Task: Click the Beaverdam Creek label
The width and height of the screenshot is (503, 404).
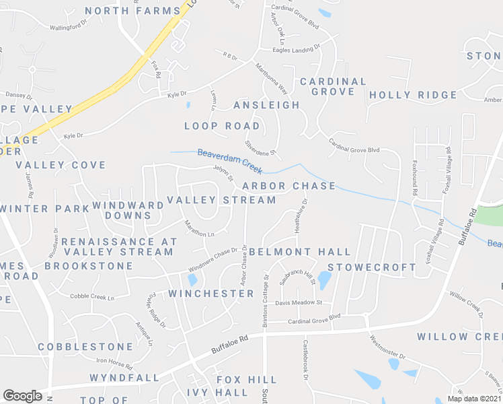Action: (230, 162)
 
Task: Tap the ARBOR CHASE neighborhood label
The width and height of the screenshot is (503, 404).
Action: (288, 186)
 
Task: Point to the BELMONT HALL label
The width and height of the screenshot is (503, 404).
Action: (300, 252)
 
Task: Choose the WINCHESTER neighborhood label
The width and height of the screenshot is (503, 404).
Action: (211, 294)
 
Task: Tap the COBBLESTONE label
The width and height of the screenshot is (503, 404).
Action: (85, 347)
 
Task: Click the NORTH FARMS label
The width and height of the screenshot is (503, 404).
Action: (134, 11)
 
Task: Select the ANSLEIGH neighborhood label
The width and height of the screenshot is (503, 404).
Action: (266, 105)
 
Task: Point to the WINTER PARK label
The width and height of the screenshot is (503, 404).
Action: (44, 209)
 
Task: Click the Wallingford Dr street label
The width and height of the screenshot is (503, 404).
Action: (69, 26)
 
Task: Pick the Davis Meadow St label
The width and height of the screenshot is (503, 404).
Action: (299, 302)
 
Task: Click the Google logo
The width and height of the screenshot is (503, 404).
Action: (22, 395)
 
